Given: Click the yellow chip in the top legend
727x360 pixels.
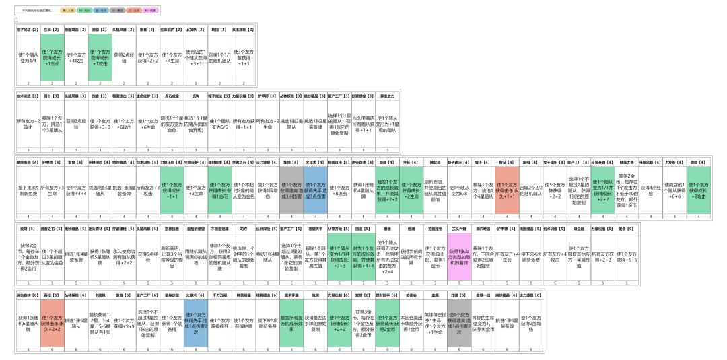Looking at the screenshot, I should coord(69,11).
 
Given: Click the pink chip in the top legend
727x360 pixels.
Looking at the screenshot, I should coord(151,11).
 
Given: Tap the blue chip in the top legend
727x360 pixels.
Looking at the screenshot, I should coord(102,11).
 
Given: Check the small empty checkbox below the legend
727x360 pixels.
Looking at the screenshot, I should coord(17,20).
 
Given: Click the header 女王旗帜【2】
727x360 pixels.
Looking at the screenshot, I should coord(244,30).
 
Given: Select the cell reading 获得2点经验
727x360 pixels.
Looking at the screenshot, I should coord(125,59).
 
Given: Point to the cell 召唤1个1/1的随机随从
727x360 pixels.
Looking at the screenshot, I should coord(220,59).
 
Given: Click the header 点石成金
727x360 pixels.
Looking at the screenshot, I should coord(172,96).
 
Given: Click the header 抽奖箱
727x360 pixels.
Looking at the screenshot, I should coord(436,161).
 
